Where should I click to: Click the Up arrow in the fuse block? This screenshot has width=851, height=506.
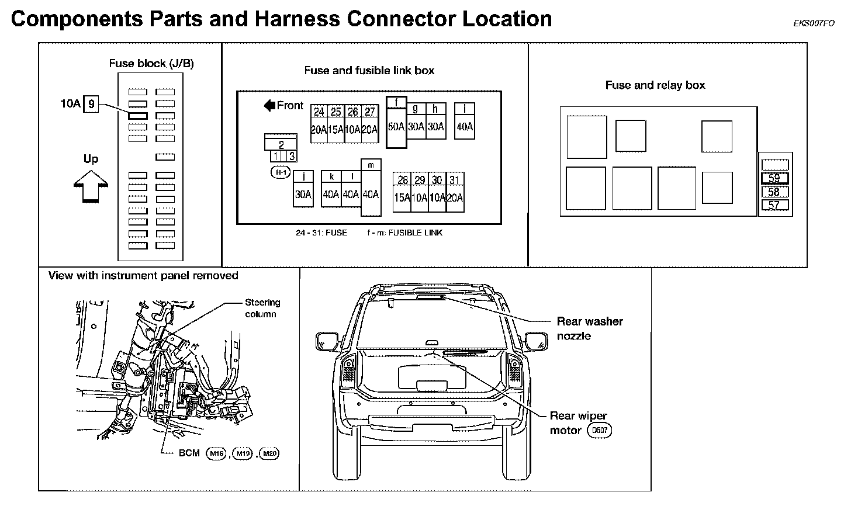91,185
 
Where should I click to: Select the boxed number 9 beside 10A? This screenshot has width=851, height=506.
91,105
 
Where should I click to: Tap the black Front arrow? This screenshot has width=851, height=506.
270,106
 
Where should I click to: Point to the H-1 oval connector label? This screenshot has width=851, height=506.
281,172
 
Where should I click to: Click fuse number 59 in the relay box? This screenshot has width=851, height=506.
774,179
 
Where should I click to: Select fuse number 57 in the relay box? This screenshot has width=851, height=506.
774,205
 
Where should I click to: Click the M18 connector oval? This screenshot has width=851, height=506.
216,453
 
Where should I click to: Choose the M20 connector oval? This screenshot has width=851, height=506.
269,453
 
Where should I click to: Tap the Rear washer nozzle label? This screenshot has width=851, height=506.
589,328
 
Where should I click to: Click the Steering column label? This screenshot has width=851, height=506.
262,308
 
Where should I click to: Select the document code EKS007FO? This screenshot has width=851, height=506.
814,23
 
